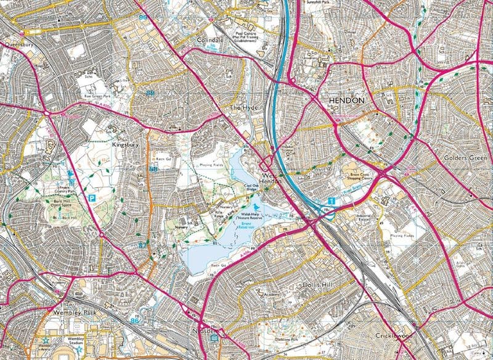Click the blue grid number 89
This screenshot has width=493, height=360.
[144, 19]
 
